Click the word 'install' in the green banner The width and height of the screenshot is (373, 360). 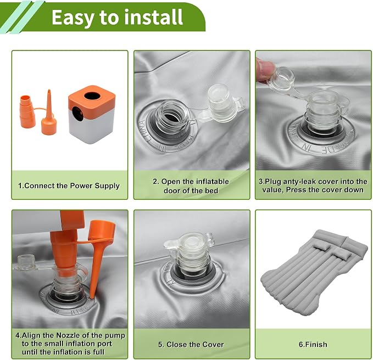pyautogui.click(x=154, y=17)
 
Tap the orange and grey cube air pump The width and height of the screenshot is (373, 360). pyautogui.click(x=91, y=115)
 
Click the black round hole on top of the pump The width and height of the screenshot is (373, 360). pyautogui.click(x=92, y=96)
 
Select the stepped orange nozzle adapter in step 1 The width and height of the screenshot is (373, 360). pyautogui.click(x=27, y=111)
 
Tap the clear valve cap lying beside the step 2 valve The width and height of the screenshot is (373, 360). pyautogui.click(x=222, y=103)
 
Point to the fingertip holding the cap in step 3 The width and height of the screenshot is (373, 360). pyautogui.click(x=264, y=67)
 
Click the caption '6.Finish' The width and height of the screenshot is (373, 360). pyautogui.click(x=313, y=344)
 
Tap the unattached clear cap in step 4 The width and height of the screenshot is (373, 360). pyautogui.click(x=26, y=262)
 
